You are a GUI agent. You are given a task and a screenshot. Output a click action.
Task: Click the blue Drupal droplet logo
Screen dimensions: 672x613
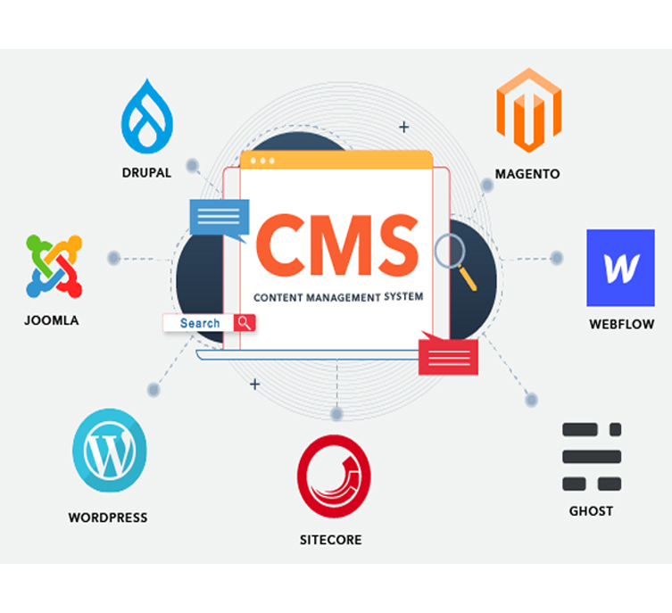point(147,117)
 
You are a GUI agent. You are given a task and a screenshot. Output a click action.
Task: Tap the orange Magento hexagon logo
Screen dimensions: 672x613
point(529,110)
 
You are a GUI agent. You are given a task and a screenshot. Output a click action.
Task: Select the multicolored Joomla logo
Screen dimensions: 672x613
point(54,266)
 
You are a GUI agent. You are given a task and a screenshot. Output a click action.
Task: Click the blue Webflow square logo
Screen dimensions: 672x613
point(620,268)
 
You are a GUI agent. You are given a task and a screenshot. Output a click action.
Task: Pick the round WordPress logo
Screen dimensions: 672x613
point(110,451)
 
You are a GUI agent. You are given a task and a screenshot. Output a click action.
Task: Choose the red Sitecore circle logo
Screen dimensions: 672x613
point(334,476)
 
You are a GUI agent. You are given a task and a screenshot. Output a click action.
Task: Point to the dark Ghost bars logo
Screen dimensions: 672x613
point(592,457)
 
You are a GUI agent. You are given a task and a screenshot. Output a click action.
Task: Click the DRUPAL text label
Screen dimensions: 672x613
point(146,172)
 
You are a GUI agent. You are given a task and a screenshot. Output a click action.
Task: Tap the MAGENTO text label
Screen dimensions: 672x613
point(527,174)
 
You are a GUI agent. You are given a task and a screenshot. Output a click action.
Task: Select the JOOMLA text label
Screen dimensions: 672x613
point(52,320)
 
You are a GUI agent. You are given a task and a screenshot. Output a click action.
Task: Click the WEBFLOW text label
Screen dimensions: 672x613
point(622,324)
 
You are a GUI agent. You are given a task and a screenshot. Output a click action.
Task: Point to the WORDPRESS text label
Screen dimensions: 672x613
point(108,518)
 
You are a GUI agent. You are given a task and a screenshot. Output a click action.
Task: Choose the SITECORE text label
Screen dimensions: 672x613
point(331,540)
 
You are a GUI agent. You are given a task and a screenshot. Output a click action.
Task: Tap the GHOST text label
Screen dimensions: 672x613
point(591,511)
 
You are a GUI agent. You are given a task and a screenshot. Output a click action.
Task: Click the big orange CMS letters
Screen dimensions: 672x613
point(337,245)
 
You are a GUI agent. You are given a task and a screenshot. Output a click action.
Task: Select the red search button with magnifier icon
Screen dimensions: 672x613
point(245,323)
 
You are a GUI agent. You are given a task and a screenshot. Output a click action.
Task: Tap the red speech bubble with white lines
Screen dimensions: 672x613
point(448,354)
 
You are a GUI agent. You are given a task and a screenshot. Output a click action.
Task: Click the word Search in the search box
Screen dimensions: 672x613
point(200,323)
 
